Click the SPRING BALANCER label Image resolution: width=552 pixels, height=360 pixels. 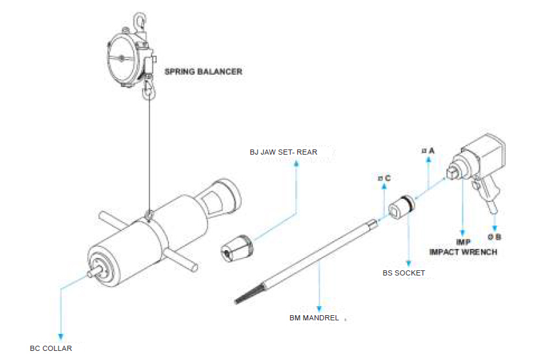click(203, 71)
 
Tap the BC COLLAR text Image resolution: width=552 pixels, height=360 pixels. click(51, 348)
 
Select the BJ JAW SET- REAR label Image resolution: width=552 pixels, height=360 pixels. click(283, 152)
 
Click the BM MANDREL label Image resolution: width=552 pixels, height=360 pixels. click(314, 318)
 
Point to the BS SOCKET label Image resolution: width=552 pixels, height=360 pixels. click(403, 273)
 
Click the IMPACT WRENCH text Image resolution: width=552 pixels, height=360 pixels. click(463, 251)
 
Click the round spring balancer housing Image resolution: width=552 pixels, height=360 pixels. click(124, 59)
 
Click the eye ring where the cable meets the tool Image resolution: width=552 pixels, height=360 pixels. click(150, 214)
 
